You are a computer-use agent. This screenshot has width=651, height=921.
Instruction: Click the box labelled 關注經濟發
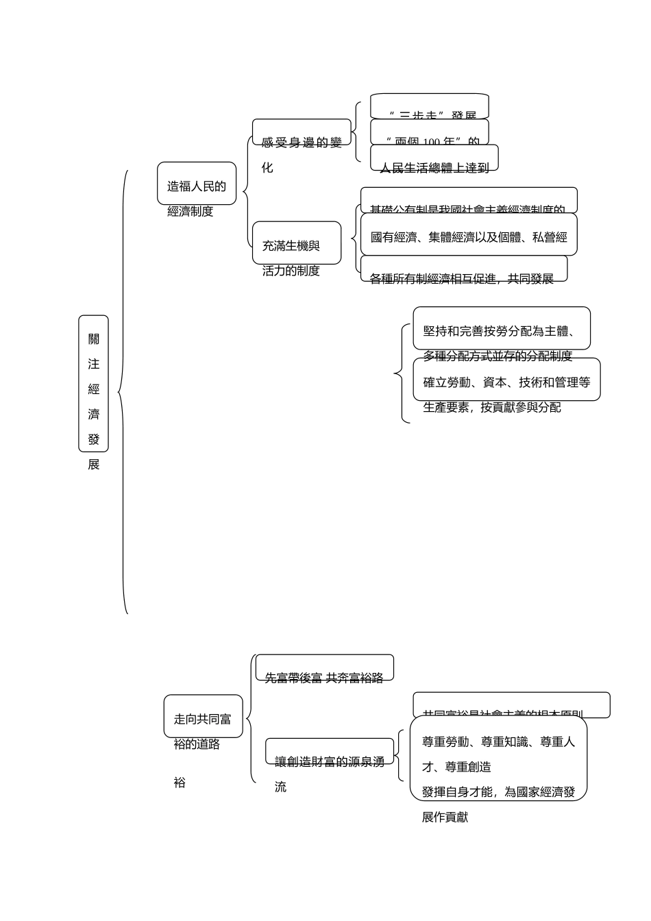pyautogui.click(x=94, y=383)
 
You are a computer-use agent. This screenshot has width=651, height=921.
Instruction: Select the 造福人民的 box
pyautogui.click(x=197, y=184)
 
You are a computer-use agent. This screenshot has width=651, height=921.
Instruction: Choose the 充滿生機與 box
pyautogui.click(x=296, y=243)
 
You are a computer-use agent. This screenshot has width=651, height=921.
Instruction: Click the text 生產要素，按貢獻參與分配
pyautogui.click(x=492, y=407)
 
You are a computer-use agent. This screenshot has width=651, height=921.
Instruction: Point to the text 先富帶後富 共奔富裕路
pyautogui.click(x=324, y=677)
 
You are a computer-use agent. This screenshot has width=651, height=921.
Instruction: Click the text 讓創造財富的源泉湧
pyautogui.click(x=330, y=761)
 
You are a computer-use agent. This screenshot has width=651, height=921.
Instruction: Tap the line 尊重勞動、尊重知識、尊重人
pyautogui.click(x=499, y=741)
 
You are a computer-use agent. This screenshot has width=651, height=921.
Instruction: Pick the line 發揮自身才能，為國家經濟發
pyautogui.click(x=499, y=791)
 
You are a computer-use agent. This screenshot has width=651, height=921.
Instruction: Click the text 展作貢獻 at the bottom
pyautogui.click(x=445, y=817)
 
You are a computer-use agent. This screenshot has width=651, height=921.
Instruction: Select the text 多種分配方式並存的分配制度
pyautogui.click(x=498, y=356)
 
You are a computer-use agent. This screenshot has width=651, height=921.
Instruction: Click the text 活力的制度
pyautogui.click(x=291, y=271)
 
